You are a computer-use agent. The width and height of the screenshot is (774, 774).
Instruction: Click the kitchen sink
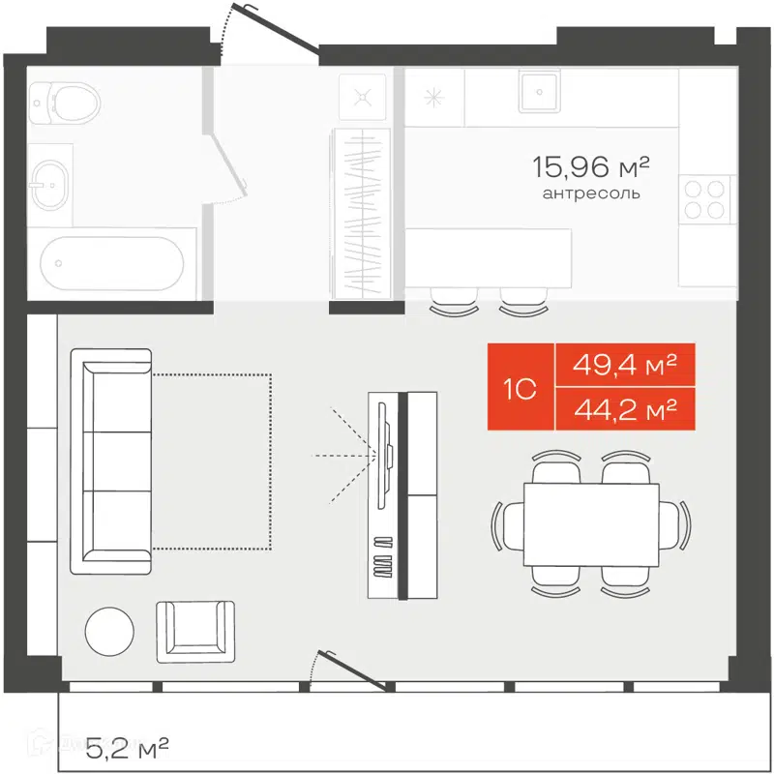[x=537, y=93]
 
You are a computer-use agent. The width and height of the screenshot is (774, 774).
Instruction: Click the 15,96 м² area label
[x=589, y=168]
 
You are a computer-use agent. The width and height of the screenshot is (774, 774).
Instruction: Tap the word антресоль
[x=590, y=193]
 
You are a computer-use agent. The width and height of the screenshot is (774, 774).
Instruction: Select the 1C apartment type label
[x=521, y=388]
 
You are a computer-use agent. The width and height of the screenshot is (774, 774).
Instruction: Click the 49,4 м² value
[x=623, y=366]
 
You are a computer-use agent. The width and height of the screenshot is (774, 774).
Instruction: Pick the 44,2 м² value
[x=623, y=410]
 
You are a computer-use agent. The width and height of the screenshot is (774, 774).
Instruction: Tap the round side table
[x=109, y=631]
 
